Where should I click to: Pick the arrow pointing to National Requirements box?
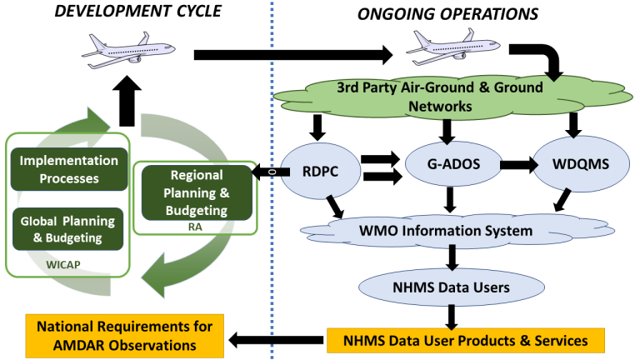[276, 339]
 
